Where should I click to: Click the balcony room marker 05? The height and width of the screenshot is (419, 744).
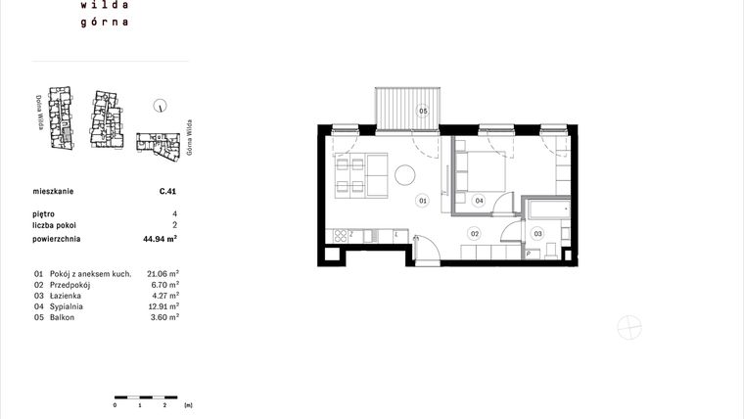424,111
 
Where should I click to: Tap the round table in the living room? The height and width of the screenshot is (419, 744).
405,175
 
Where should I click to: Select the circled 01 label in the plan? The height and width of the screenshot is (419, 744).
423,201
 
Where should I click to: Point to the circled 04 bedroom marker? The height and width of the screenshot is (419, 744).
479,201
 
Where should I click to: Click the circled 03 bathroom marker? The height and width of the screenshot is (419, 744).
536,233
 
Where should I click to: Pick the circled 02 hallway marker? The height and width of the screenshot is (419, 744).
474,233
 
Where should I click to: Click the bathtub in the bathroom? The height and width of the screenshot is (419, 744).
547,209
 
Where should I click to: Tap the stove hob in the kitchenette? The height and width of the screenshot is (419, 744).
343,235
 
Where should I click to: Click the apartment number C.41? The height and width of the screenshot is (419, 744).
167,194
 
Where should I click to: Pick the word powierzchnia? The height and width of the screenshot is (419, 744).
58,238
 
